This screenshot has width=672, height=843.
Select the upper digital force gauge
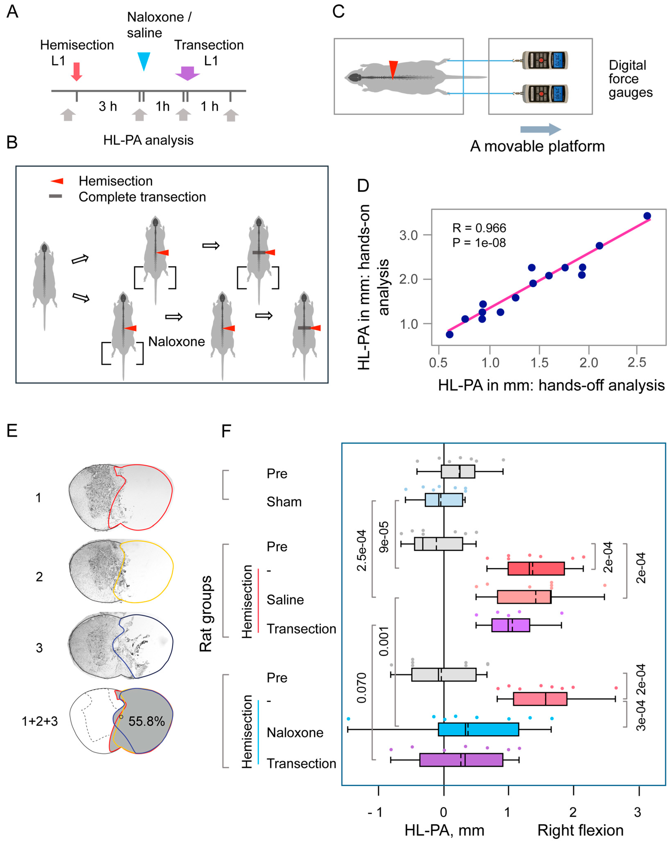click(x=544, y=61)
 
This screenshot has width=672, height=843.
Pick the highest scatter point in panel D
click(x=647, y=216)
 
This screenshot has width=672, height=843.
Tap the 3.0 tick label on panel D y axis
click(x=408, y=235)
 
